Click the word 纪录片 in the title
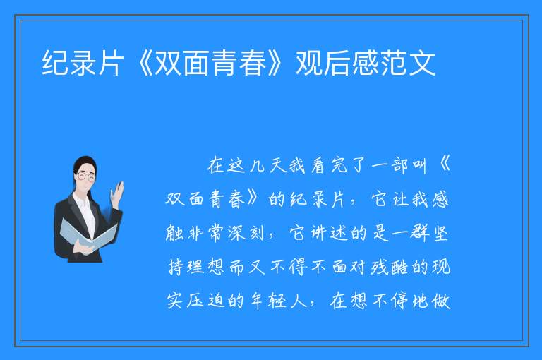tap(83, 63)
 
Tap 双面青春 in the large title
tap(210, 63)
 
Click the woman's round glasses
tap(85, 176)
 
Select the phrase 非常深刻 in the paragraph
tap(225, 233)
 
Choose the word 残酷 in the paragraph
tap(390, 267)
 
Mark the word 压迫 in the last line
tap(205, 301)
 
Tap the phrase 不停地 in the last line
tap(400, 301)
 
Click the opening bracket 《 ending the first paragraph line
tap(444, 165)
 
